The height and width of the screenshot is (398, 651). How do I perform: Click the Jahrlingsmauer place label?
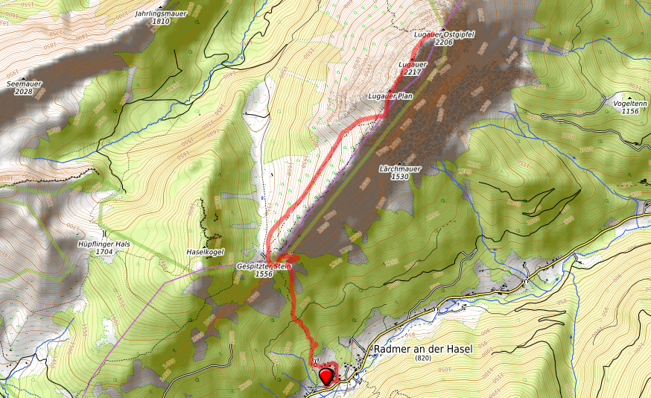[161, 13]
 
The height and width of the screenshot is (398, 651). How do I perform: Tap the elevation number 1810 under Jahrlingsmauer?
[161, 22]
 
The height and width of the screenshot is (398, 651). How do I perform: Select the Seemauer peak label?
[24, 83]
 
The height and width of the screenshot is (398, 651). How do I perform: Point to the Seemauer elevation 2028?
[24, 92]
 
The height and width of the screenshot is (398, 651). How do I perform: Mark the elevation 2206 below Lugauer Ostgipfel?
[443, 42]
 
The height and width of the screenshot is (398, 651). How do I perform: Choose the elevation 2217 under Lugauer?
[413, 72]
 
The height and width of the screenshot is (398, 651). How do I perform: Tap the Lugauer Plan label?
[390, 97]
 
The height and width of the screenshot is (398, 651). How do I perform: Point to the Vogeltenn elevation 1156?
[630, 111]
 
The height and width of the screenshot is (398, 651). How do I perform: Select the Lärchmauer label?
[400, 168]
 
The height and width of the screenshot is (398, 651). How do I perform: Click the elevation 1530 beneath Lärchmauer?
[400, 177]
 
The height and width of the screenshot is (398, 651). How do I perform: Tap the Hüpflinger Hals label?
[104, 244]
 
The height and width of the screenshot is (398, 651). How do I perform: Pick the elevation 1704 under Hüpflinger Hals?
[104, 252]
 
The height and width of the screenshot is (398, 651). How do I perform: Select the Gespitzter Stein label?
[264, 266]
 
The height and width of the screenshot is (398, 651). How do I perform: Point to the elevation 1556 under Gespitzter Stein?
[264, 274]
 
